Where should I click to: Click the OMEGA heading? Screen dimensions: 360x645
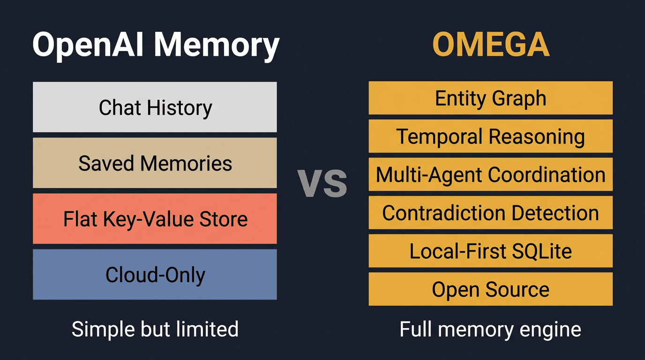490,45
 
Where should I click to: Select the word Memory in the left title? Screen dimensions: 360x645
217,46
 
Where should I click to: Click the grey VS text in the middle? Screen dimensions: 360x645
322,184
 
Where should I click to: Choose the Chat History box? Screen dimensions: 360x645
155,107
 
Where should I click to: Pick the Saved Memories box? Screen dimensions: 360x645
155,163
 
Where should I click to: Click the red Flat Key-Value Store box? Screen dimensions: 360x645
155,219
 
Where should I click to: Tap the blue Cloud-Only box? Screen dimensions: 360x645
155,275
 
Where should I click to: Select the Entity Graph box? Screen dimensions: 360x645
490,98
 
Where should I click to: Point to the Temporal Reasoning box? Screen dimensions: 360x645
490,136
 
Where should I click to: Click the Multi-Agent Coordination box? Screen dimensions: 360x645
490,174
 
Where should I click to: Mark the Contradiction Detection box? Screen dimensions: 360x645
490,213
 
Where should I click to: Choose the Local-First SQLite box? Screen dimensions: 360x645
490,251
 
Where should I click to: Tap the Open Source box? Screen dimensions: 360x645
490,289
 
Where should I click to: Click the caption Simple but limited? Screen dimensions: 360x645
155,329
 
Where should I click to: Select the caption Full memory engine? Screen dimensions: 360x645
490,329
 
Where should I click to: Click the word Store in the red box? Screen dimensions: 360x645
222,219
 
